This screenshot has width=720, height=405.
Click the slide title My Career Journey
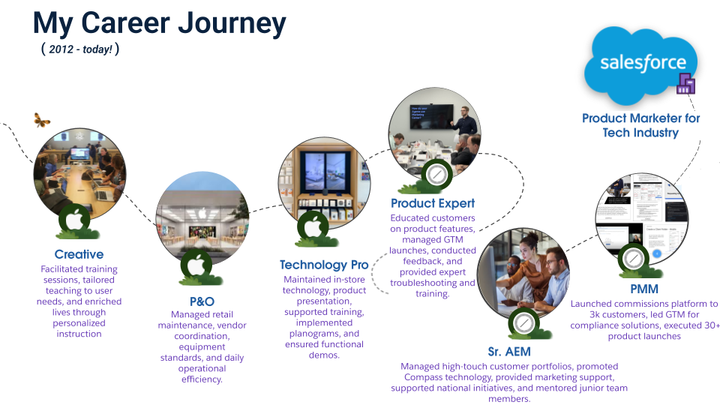click(x=159, y=24)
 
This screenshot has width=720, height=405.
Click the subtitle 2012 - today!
click(x=79, y=49)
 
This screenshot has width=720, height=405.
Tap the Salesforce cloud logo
click(x=642, y=64)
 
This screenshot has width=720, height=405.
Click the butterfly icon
click(x=42, y=119)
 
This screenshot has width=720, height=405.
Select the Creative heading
click(x=79, y=254)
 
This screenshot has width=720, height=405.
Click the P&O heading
click(x=196, y=301)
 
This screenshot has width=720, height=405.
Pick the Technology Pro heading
click(x=324, y=265)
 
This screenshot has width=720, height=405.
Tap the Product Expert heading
click(x=433, y=203)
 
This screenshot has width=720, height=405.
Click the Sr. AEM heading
click(x=513, y=352)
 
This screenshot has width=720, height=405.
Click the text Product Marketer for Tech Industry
click(x=640, y=125)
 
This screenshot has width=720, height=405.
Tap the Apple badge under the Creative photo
click(x=74, y=220)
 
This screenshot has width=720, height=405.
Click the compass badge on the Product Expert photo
click(x=434, y=174)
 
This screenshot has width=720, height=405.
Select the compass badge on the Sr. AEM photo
click(x=522, y=324)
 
